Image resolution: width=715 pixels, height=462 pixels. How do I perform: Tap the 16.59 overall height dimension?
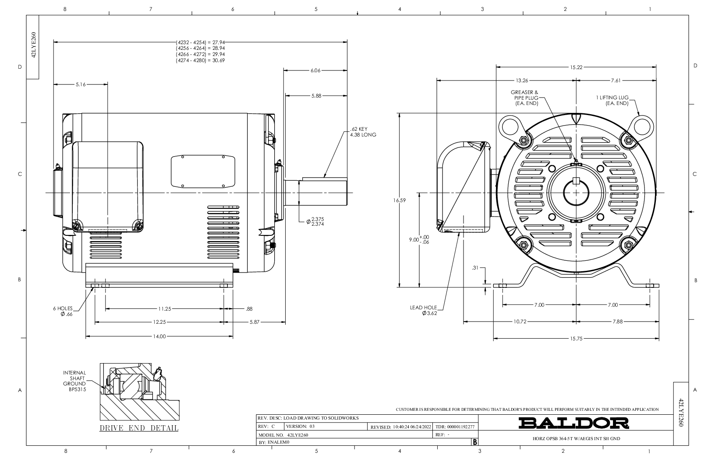click(x=399, y=200)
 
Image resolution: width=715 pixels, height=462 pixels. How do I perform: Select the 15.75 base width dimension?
click(x=576, y=339)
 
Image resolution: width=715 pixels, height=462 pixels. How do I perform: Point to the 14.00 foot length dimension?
click(x=159, y=336)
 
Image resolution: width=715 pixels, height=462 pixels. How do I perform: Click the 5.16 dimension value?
click(x=81, y=84)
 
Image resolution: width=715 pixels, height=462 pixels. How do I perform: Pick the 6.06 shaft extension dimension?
click(x=315, y=70)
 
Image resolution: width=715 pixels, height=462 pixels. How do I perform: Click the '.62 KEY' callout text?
click(x=359, y=129)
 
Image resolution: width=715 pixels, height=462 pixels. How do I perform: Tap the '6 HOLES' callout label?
click(x=63, y=308)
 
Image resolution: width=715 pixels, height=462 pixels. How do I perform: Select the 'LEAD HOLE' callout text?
click(x=424, y=308)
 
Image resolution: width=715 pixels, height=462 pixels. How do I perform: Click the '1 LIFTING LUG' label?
click(x=612, y=98)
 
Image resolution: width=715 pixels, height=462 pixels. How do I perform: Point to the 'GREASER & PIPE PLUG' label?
click(x=524, y=95)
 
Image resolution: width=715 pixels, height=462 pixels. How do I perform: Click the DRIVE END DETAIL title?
click(x=139, y=428)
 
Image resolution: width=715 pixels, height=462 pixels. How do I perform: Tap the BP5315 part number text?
click(x=78, y=389)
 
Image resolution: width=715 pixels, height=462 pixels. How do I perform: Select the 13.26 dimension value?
click(x=522, y=80)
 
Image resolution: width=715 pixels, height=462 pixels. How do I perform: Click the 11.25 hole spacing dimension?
click(x=165, y=308)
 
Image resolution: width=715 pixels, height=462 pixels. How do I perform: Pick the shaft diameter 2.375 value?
click(x=318, y=219)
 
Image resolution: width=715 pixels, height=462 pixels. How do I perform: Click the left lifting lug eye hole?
click(x=510, y=126)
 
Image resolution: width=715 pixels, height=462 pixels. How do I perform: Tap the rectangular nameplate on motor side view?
click(x=203, y=171)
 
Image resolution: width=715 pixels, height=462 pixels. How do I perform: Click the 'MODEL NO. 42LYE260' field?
click(x=283, y=435)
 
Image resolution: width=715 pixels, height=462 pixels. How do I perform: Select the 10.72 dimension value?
click(x=520, y=322)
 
